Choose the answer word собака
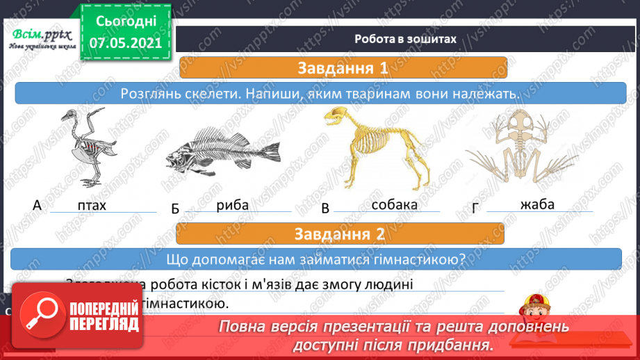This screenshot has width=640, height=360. [395, 204]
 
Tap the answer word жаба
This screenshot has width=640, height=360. [537, 204]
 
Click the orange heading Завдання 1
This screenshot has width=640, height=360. [343, 68]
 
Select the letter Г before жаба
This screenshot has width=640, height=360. [476, 206]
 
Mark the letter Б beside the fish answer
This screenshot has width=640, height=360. [175, 208]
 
